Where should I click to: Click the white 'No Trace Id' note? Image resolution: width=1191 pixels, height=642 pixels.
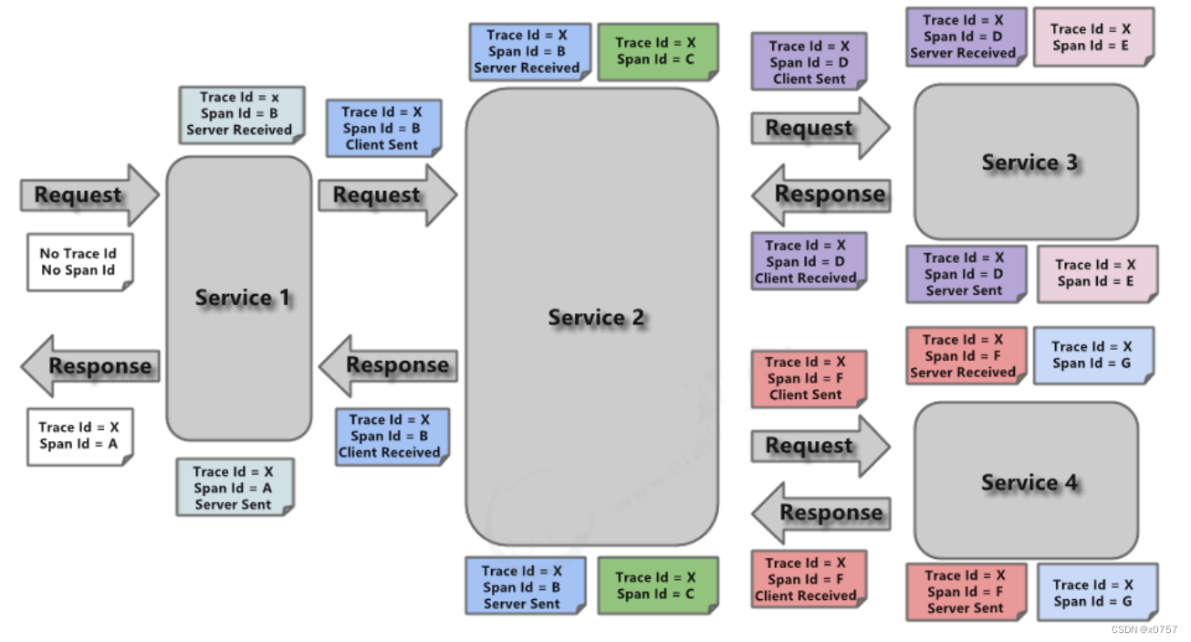pyautogui.click(x=80, y=262)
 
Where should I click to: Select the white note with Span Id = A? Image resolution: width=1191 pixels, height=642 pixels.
pyautogui.click(x=80, y=437)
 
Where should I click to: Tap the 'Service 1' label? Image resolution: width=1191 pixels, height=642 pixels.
pyautogui.click(x=243, y=298)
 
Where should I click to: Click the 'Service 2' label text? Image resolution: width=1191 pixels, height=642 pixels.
pyautogui.click(x=595, y=318)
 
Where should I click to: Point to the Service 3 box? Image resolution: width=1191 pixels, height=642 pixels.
pyautogui.click(x=1026, y=162)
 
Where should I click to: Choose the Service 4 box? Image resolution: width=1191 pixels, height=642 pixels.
pyautogui.click(x=1026, y=480)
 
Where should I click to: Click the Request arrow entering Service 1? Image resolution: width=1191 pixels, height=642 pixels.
pyautogui.click(x=89, y=195)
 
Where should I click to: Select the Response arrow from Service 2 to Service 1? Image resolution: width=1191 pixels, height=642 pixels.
pyautogui.click(x=388, y=366)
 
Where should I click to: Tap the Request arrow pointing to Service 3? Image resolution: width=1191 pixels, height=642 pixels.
pyautogui.click(x=820, y=128)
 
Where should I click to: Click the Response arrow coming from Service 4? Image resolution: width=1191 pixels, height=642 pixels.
pyautogui.click(x=821, y=513)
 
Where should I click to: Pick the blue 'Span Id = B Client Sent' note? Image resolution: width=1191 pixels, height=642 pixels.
pyautogui.click(x=384, y=128)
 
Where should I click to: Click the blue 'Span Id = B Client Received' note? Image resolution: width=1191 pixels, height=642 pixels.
pyautogui.click(x=392, y=437)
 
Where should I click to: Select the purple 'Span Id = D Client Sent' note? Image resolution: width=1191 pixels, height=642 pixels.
pyautogui.click(x=810, y=61)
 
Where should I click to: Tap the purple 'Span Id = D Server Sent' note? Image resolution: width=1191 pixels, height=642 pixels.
pyautogui.click(x=966, y=275)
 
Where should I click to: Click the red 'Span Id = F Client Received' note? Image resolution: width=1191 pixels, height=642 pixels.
pyautogui.click(x=810, y=579)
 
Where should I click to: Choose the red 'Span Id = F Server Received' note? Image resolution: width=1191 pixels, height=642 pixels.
pyautogui.click(x=966, y=356)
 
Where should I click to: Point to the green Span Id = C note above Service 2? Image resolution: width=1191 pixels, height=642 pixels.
pyautogui.click(x=658, y=51)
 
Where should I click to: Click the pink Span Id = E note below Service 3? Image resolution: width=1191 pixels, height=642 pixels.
pyautogui.click(x=1097, y=274)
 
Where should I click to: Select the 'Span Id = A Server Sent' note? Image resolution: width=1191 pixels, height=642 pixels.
pyautogui.click(x=235, y=488)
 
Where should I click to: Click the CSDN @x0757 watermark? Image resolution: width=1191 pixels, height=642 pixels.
pyautogui.click(x=1144, y=630)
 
